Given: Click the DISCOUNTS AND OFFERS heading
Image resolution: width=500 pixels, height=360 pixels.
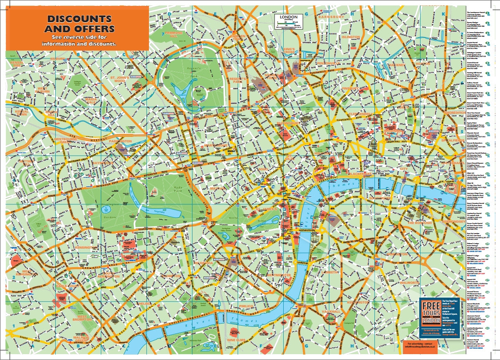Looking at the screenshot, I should coord(79,24).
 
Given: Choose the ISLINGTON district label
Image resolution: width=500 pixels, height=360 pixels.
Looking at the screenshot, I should coord(351,37).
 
